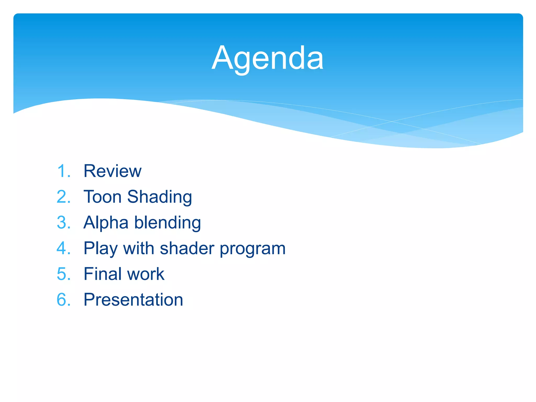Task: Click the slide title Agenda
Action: [267, 58]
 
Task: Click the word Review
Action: [113, 171]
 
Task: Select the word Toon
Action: [103, 197]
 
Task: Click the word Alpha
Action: [106, 223]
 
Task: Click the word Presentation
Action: [133, 300]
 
